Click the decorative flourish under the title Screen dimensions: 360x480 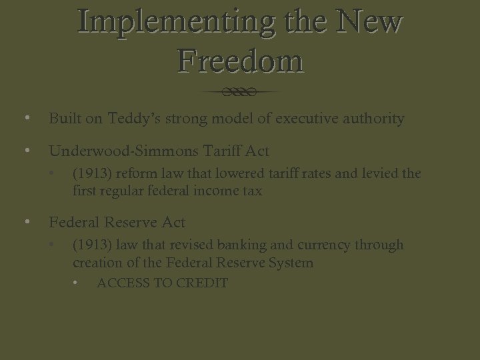click(x=241, y=91)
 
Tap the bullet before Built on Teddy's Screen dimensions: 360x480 click(x=26, y=119)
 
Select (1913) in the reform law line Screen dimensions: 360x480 click(x=93, y=174)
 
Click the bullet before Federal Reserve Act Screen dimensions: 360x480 click(x=26, y=222)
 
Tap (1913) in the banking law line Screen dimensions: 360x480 click(x=93, y=245)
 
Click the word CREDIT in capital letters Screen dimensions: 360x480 click(x=201, y=283)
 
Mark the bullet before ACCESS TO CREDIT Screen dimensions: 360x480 click(x=77, y=283)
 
